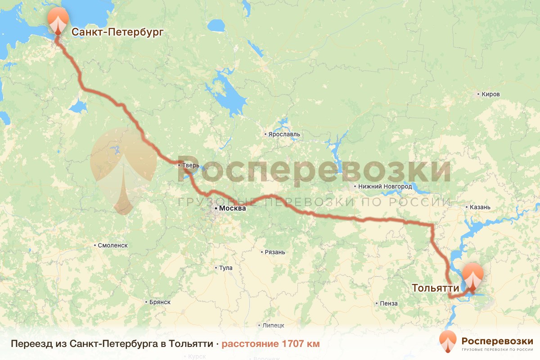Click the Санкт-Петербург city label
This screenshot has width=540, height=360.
click(x=117, y=32)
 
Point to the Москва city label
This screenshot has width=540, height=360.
click(x=233, y=209)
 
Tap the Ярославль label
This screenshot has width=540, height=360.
click(x=284, y=134)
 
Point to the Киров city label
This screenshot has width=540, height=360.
click(x=490, y=94)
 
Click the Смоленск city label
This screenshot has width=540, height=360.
click(x=113, y=245)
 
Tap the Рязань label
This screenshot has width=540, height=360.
click(x=275, y=252)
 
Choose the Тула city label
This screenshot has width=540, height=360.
click(x=225, y=268)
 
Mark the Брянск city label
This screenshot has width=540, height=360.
click(x=160, y=302)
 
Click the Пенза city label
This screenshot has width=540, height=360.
click(x=389, y=303)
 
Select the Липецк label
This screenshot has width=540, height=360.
click(x=274, y=325)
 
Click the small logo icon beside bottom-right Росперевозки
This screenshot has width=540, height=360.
click(x=448, y=342)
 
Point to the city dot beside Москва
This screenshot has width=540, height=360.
click(x=216, y=209)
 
